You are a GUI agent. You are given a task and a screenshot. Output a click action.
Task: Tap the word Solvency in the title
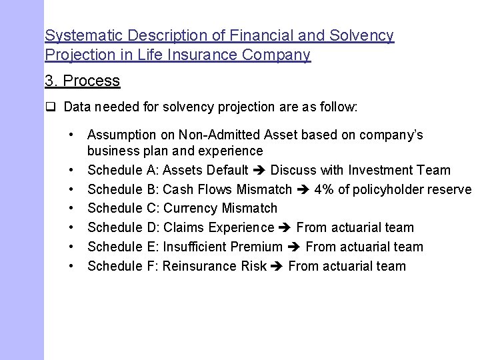tap(365, 35)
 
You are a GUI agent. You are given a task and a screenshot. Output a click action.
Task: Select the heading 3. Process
tap(82, 81)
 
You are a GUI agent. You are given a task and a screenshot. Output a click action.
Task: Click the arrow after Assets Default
tap(259, 171)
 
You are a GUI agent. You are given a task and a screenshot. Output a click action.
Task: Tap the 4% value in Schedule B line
tap(326, 189)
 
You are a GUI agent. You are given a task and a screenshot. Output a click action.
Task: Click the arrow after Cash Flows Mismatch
tap(303, 189)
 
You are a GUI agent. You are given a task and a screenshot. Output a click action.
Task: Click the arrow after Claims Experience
tap(285, 228)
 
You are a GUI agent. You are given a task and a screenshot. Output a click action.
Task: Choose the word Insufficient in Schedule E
tap(194, 247)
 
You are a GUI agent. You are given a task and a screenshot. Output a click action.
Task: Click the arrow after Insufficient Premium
tap(295, 247)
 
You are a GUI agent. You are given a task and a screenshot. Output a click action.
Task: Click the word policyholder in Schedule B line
tap(394, 189)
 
